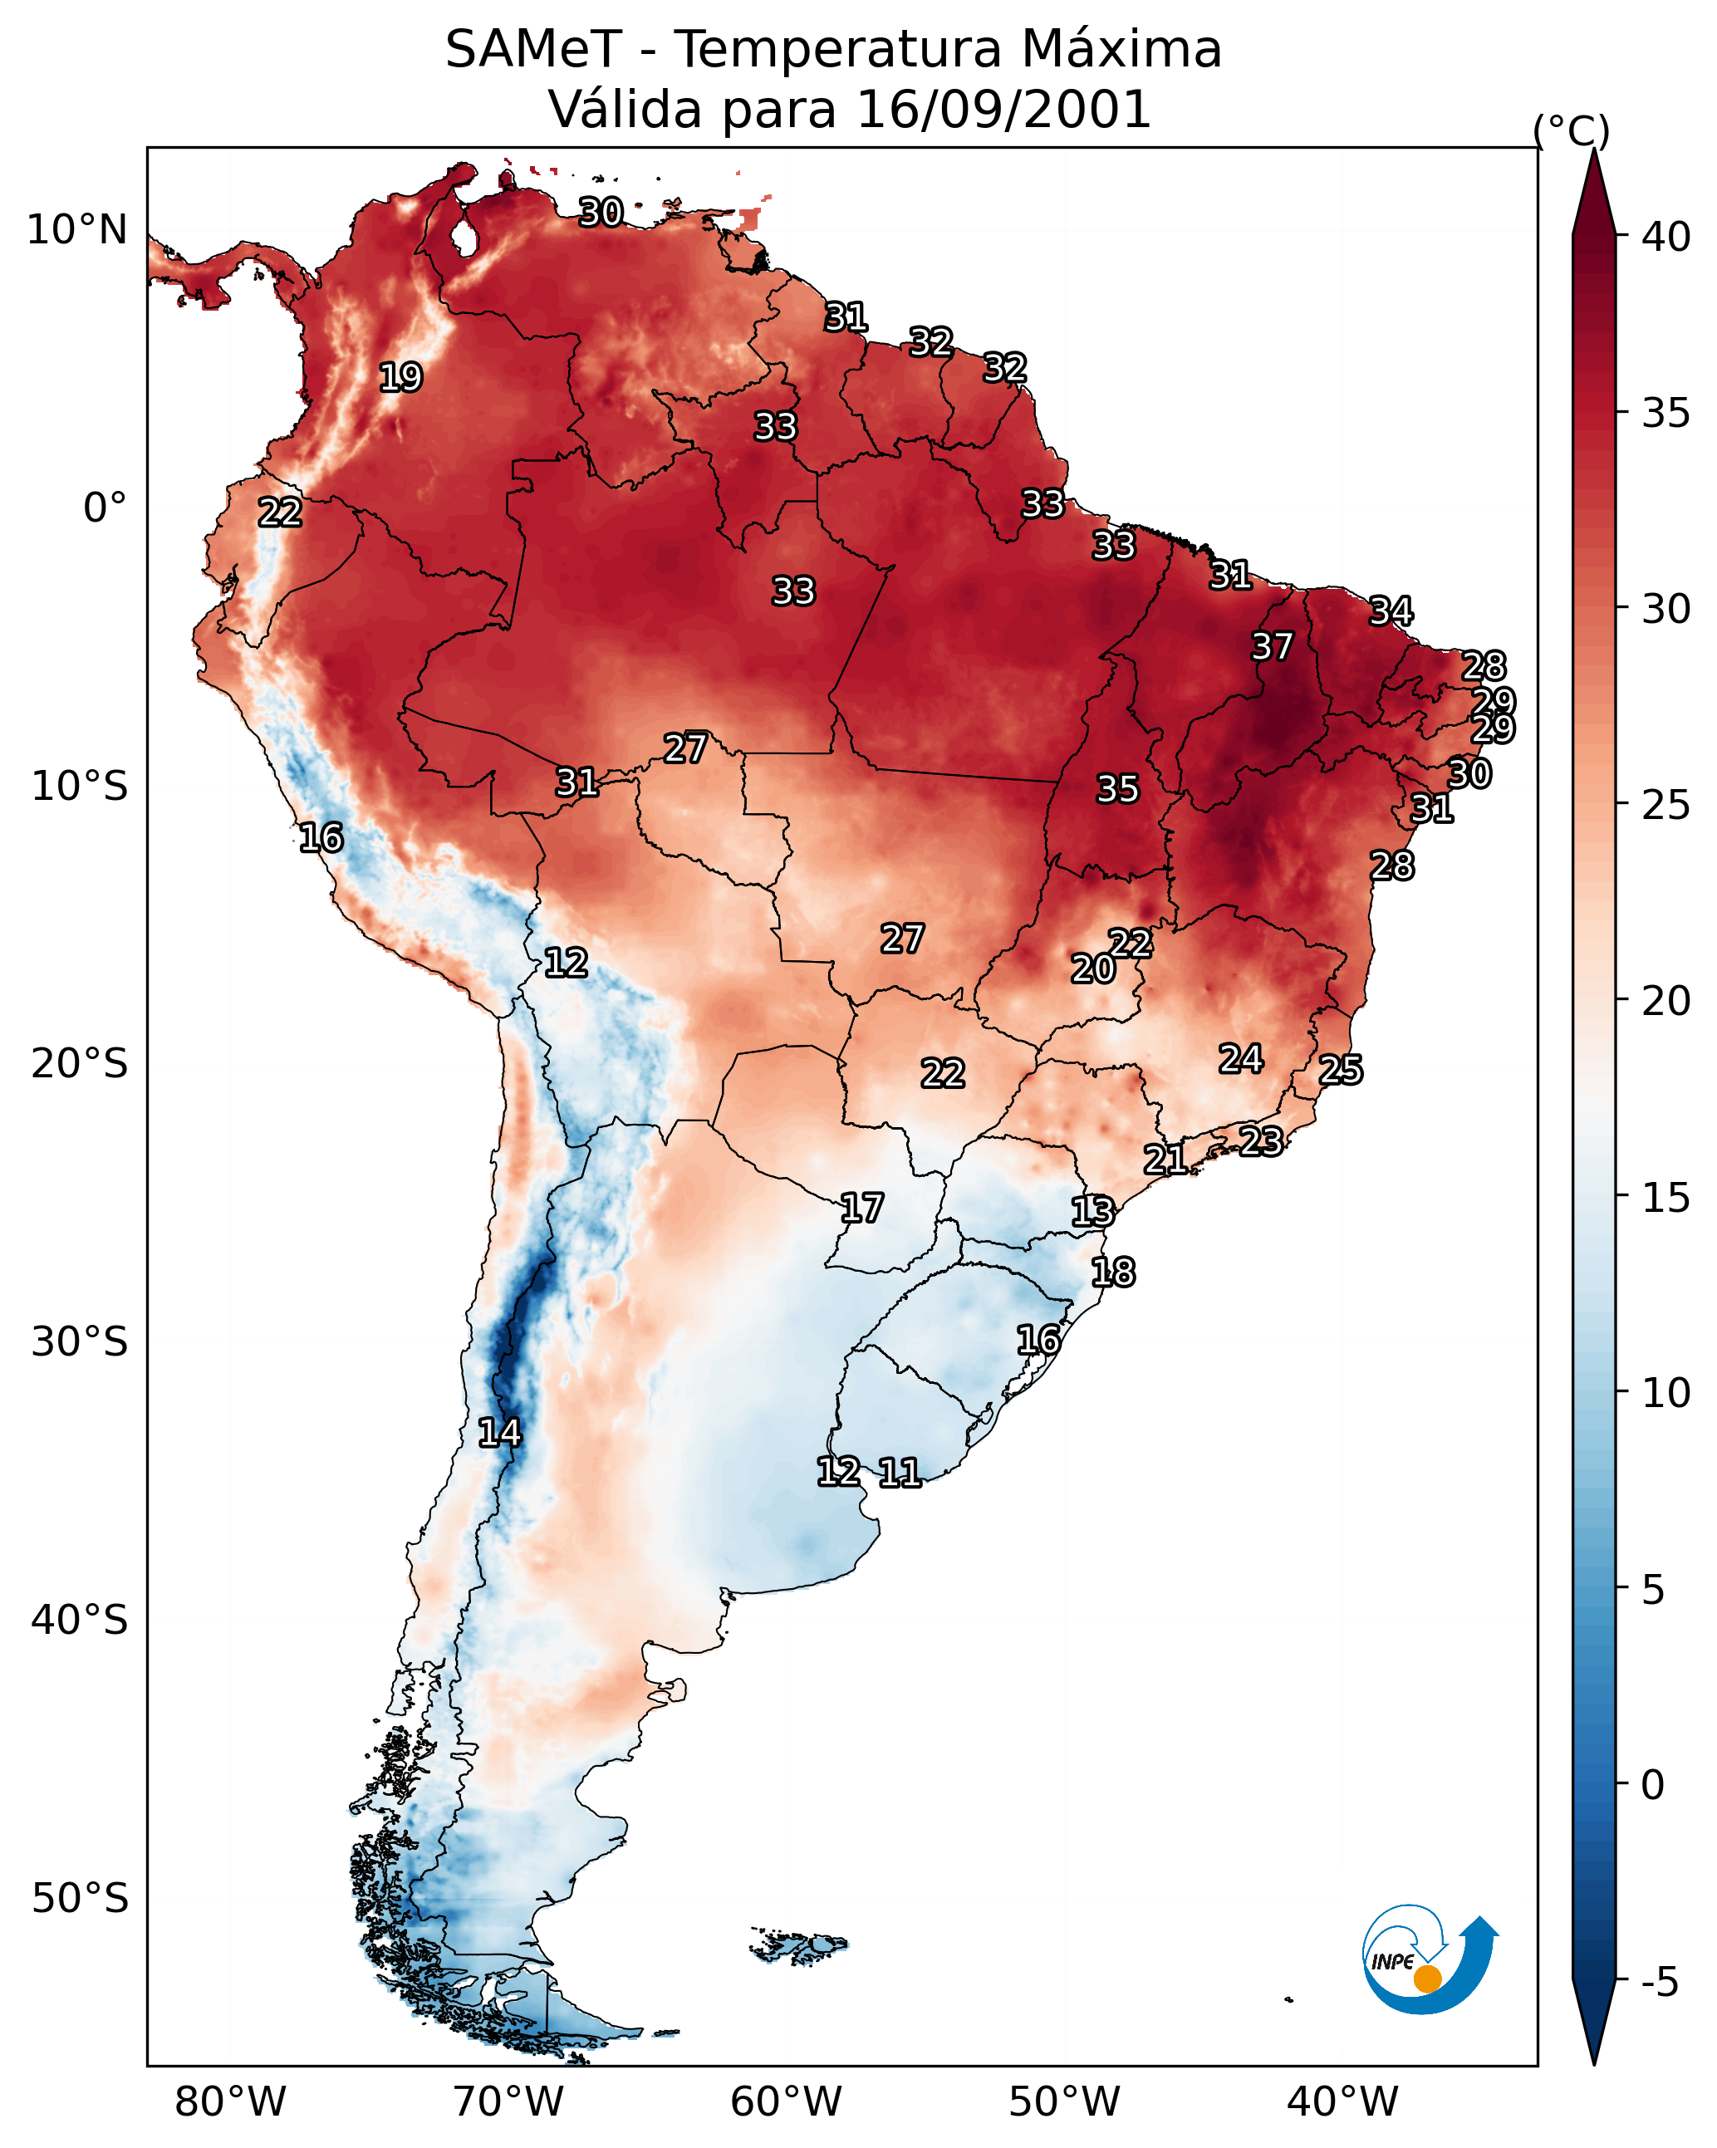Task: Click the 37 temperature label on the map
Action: tap(1272, 646)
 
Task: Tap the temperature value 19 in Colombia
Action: tap(400, 378)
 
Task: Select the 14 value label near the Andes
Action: tap(499, 1433)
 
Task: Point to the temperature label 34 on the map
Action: tap(1391, 611)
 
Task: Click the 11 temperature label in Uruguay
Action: tap(899, 1473)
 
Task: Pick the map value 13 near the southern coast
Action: tap(1092, 1212)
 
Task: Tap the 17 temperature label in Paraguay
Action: tap(861, 1209)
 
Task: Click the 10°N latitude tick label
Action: tap(76, 230)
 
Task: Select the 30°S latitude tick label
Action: tap(80, 1342)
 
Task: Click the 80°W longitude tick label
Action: tap(230, 2101)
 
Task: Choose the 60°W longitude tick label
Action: tap(787, 2101)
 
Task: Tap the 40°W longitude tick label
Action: tap(1342, 2101)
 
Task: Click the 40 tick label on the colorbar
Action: tap(1666, 237)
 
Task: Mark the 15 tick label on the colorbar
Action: tap(1666, 1198)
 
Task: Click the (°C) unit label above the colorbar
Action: tap(1572, 130)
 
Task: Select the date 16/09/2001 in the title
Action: tap(1003, 110)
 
